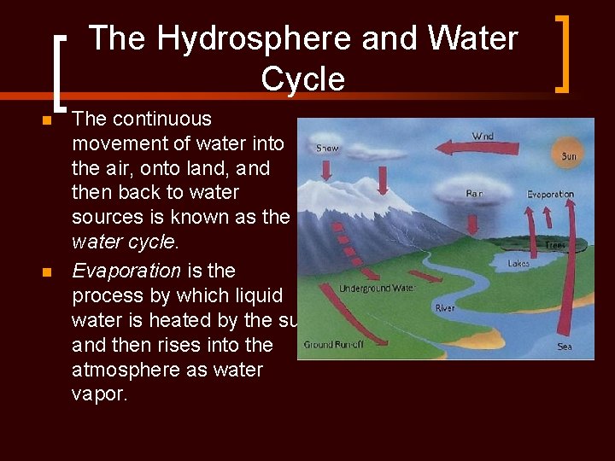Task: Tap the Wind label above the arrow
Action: pyautogui.click(x=483, y=136)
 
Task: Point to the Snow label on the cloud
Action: pyautogui.click(x=327, y=148)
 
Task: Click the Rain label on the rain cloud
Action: pyautogui.click(x=475, y=194)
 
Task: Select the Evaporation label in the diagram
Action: pyautogui.click(x=550, y=195)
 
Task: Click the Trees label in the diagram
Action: pyautogui.click(x=555, y=245)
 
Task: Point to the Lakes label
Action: pyautogui.click(x=518, y=264)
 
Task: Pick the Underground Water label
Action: pyautogui.click(x=377, y=289)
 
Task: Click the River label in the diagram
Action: pyautogui.click(x=445, y=307)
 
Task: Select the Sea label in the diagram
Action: pyautogui.click(x=565, y=346)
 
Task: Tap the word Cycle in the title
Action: pyautogui.click(x=302, y=79)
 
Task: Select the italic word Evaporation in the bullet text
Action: pyautogui.click(x=126, y=271)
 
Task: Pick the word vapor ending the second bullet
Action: pyautogui.click(x=99, y=395)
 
